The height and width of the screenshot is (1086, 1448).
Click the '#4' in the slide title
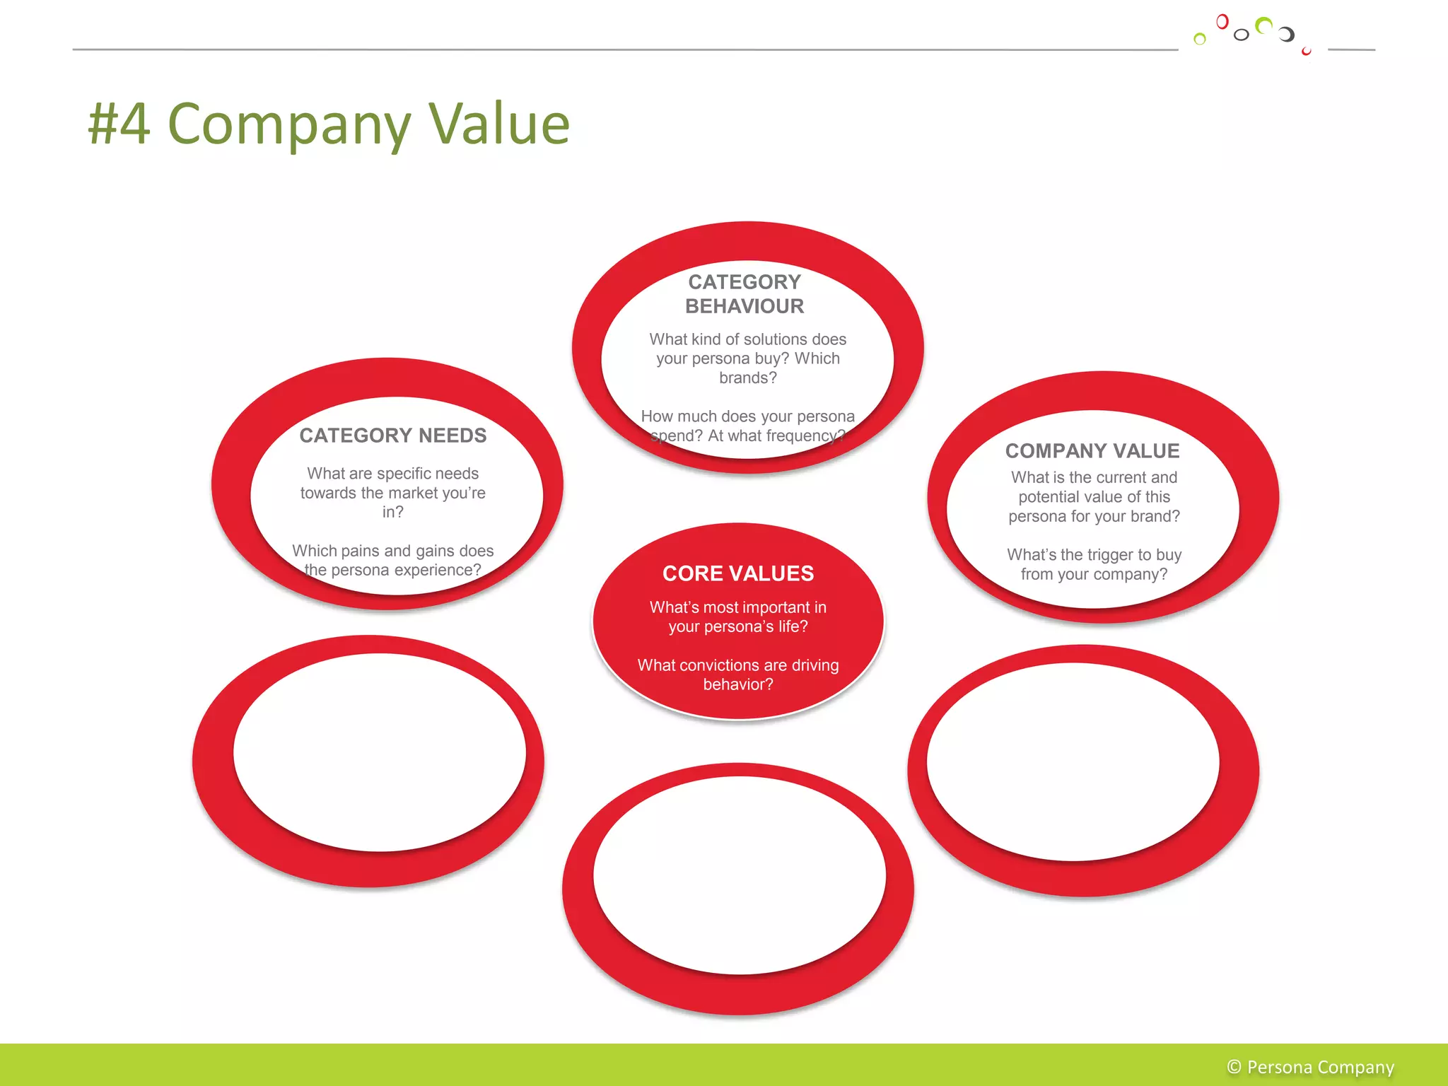click(x=119, y=124)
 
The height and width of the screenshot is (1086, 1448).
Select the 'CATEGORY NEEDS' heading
click(x=392, y=436)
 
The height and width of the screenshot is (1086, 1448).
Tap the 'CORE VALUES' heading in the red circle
click(x=738, y=573)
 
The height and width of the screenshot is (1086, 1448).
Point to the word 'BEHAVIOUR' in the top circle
click(x=745, y=306)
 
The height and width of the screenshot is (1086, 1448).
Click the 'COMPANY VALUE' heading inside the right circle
click(x=1092, y=451)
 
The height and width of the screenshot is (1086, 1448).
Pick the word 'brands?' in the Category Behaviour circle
click(x=747, y=378)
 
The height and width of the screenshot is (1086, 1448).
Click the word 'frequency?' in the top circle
click(x=806, y=436)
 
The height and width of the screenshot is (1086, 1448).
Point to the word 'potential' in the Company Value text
click(x=1049, y=497)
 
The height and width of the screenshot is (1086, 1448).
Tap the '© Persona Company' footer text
click(x=1310, y=1067)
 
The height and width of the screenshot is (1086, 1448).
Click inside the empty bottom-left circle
click(x=380, y=752)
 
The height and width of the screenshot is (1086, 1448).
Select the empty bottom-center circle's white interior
click(x=739, y=875)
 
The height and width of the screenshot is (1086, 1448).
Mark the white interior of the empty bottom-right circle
click(x=1073, y=761)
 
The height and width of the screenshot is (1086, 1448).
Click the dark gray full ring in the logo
click(x=1242, y=35)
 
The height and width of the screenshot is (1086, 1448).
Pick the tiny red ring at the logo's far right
click(x=1306, y=52)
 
